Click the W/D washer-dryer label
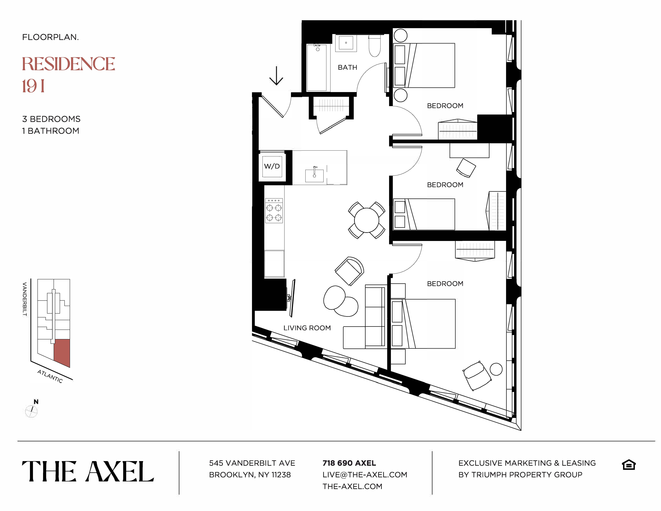(272, 166)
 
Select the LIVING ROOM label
(307, 328)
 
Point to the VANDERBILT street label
(25, 299)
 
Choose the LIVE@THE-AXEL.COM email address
(365, 475)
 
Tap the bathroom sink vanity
(346, 43)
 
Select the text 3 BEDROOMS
(51, 119)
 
